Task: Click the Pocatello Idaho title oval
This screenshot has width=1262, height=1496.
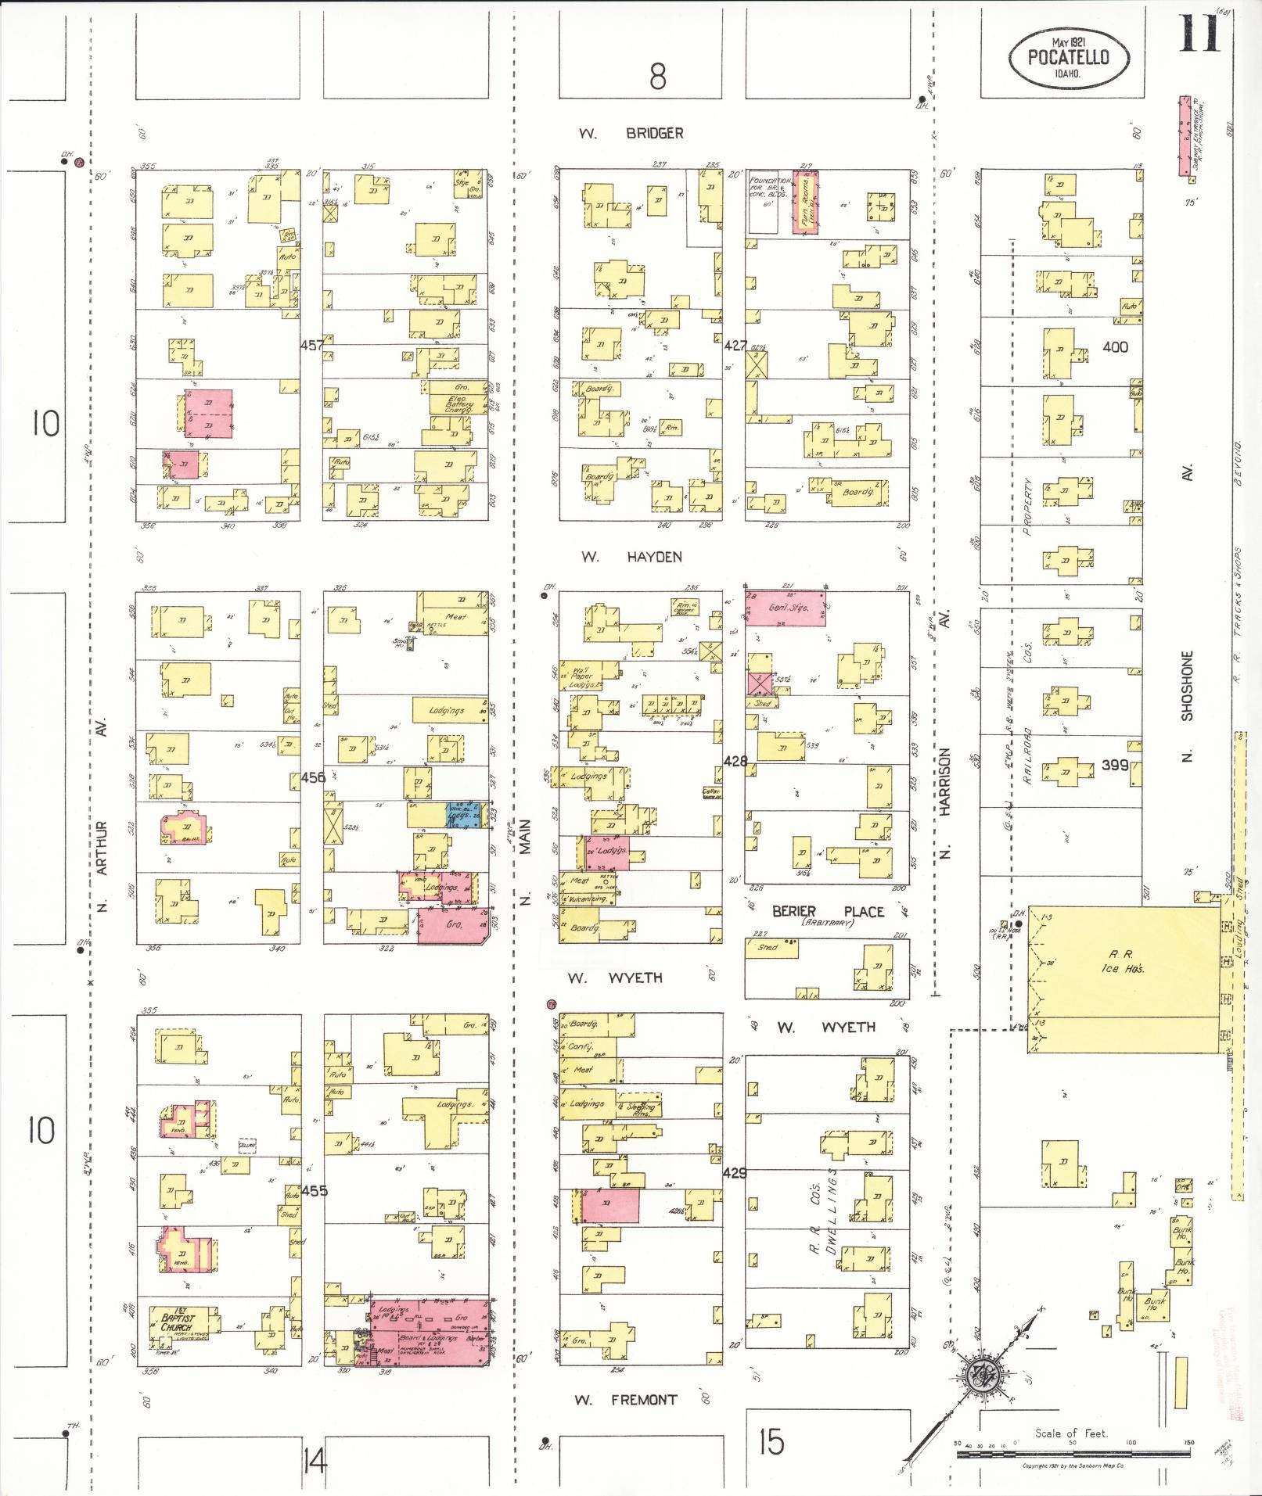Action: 1069,57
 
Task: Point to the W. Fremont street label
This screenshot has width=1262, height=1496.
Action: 627,1400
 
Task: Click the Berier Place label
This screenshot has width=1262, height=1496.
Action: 828,912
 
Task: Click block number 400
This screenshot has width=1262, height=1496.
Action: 1114,346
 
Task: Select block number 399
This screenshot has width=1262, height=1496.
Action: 1114,765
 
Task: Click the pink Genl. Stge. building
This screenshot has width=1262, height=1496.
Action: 784,608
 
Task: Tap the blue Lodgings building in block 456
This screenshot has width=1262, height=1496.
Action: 466,814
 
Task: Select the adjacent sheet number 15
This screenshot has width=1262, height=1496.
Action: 771,1440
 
